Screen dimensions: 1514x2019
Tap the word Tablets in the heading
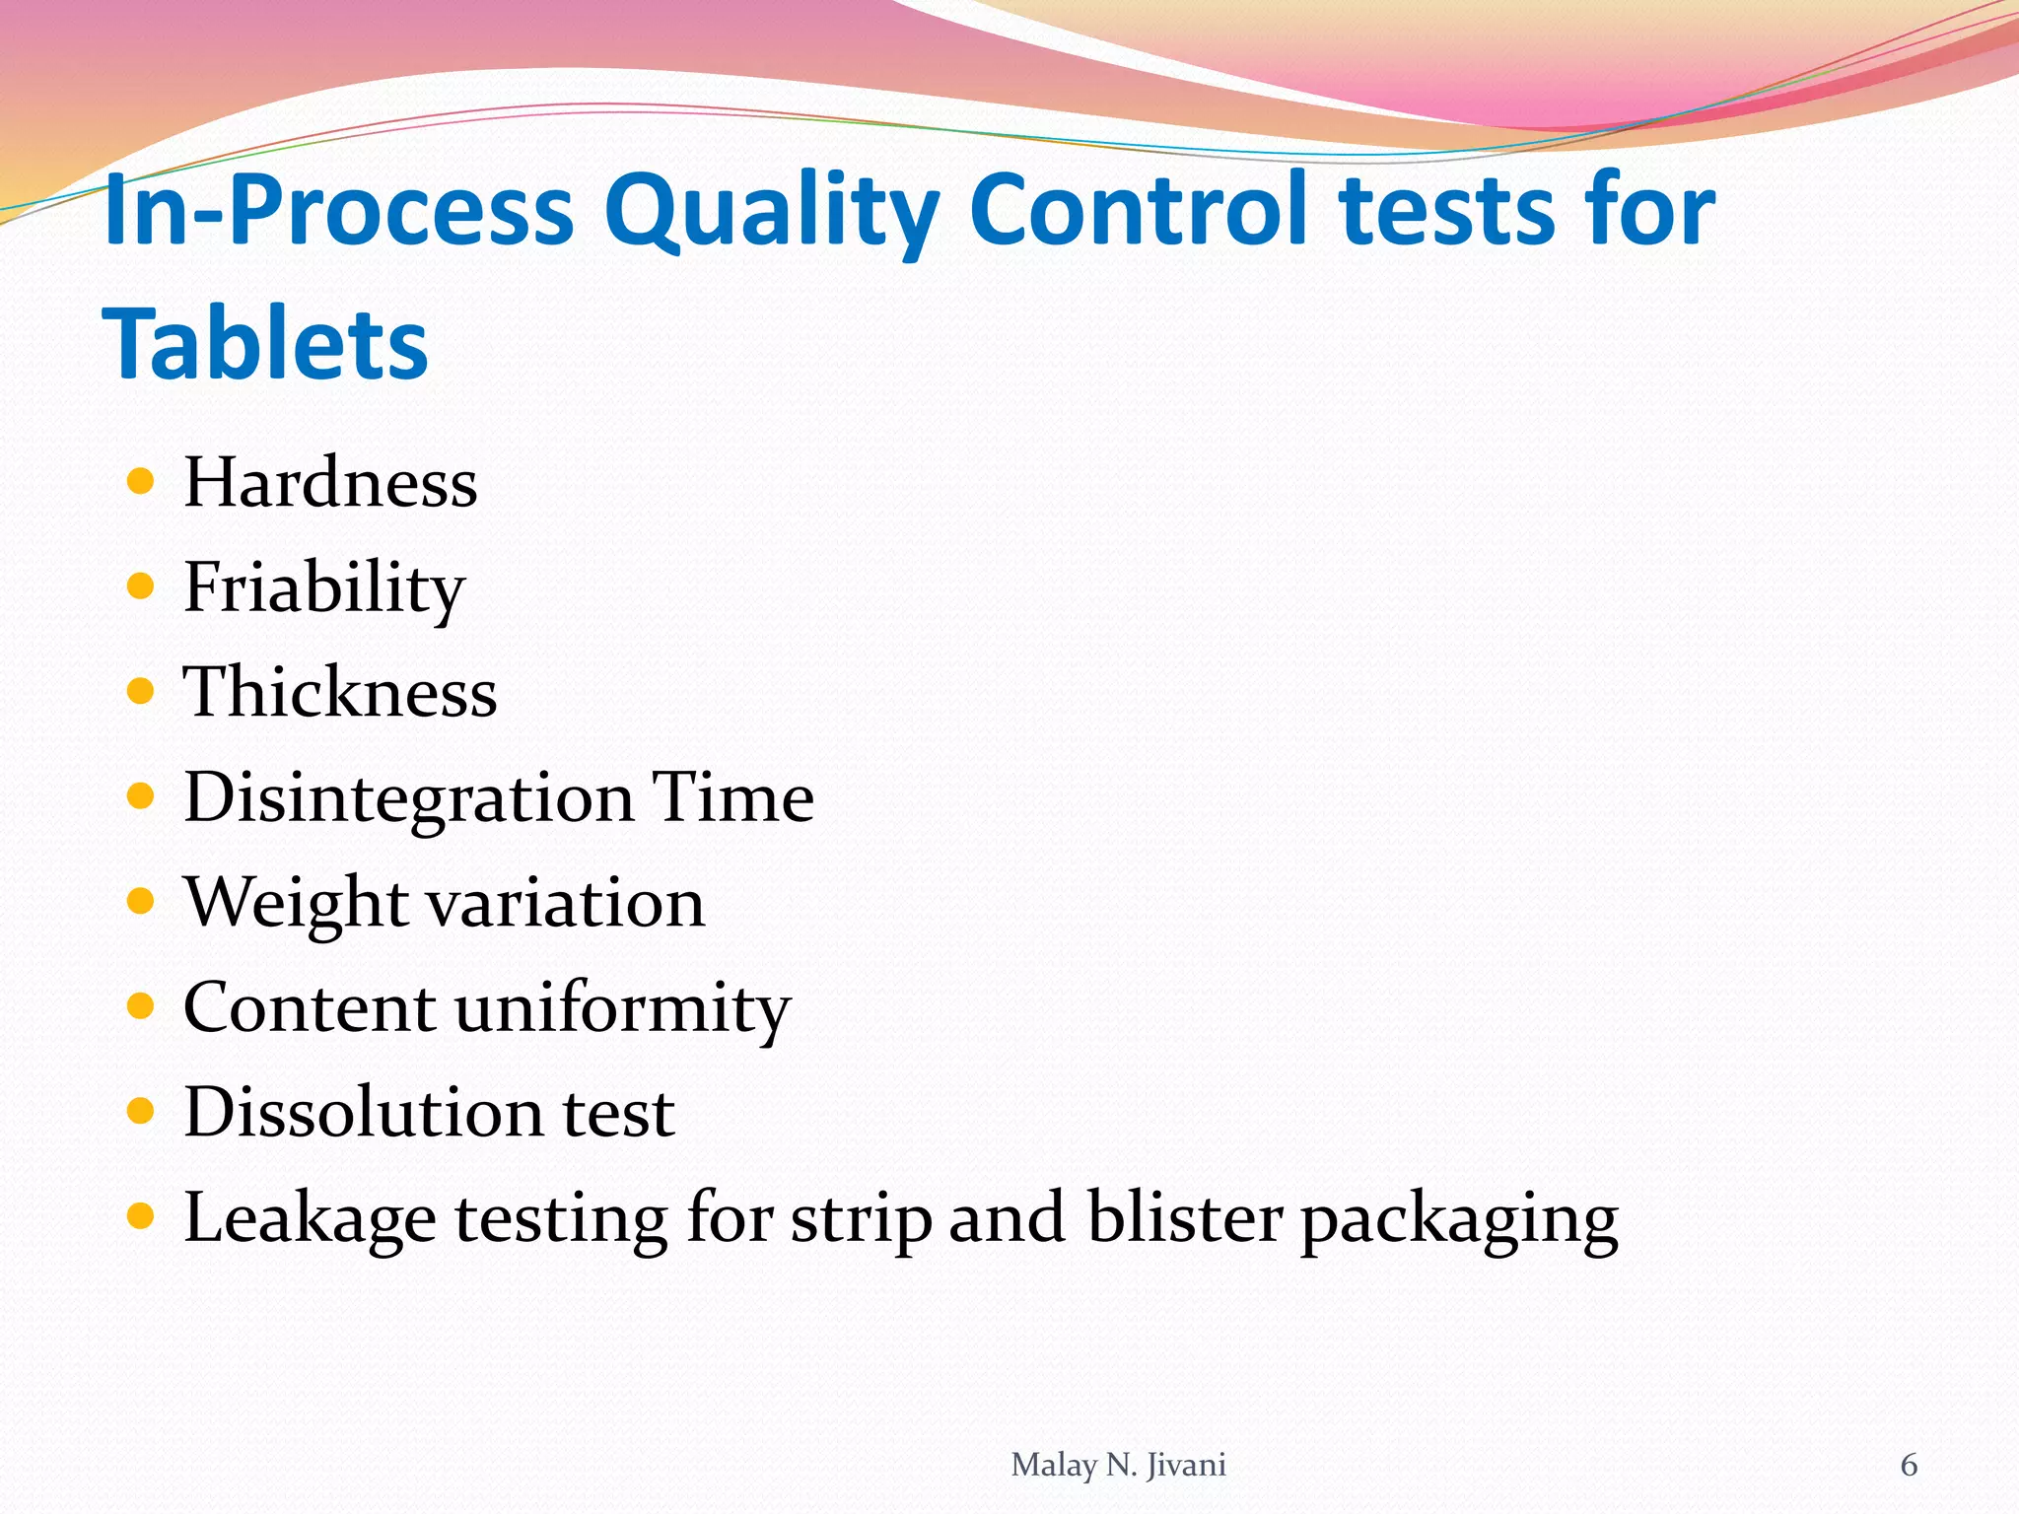click(x=265, y=344)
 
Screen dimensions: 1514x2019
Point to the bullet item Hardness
click(x=330, y=483)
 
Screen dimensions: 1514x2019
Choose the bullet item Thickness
click(x=340, y=692)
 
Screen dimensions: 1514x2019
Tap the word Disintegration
click(x=408, y=798)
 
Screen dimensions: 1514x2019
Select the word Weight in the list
click(x=296, y=904)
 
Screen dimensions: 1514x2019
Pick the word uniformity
click(x=622, y=1008)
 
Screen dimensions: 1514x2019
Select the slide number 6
click(x=1909, y=1466)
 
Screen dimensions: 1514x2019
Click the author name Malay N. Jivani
click(x=1118, y=1466)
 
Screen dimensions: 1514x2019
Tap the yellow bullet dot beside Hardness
click(x=141, y=482)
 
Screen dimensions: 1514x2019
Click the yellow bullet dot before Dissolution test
click(x=141, y=1112)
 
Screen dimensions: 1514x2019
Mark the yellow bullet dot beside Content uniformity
click(x=141, y=1006)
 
